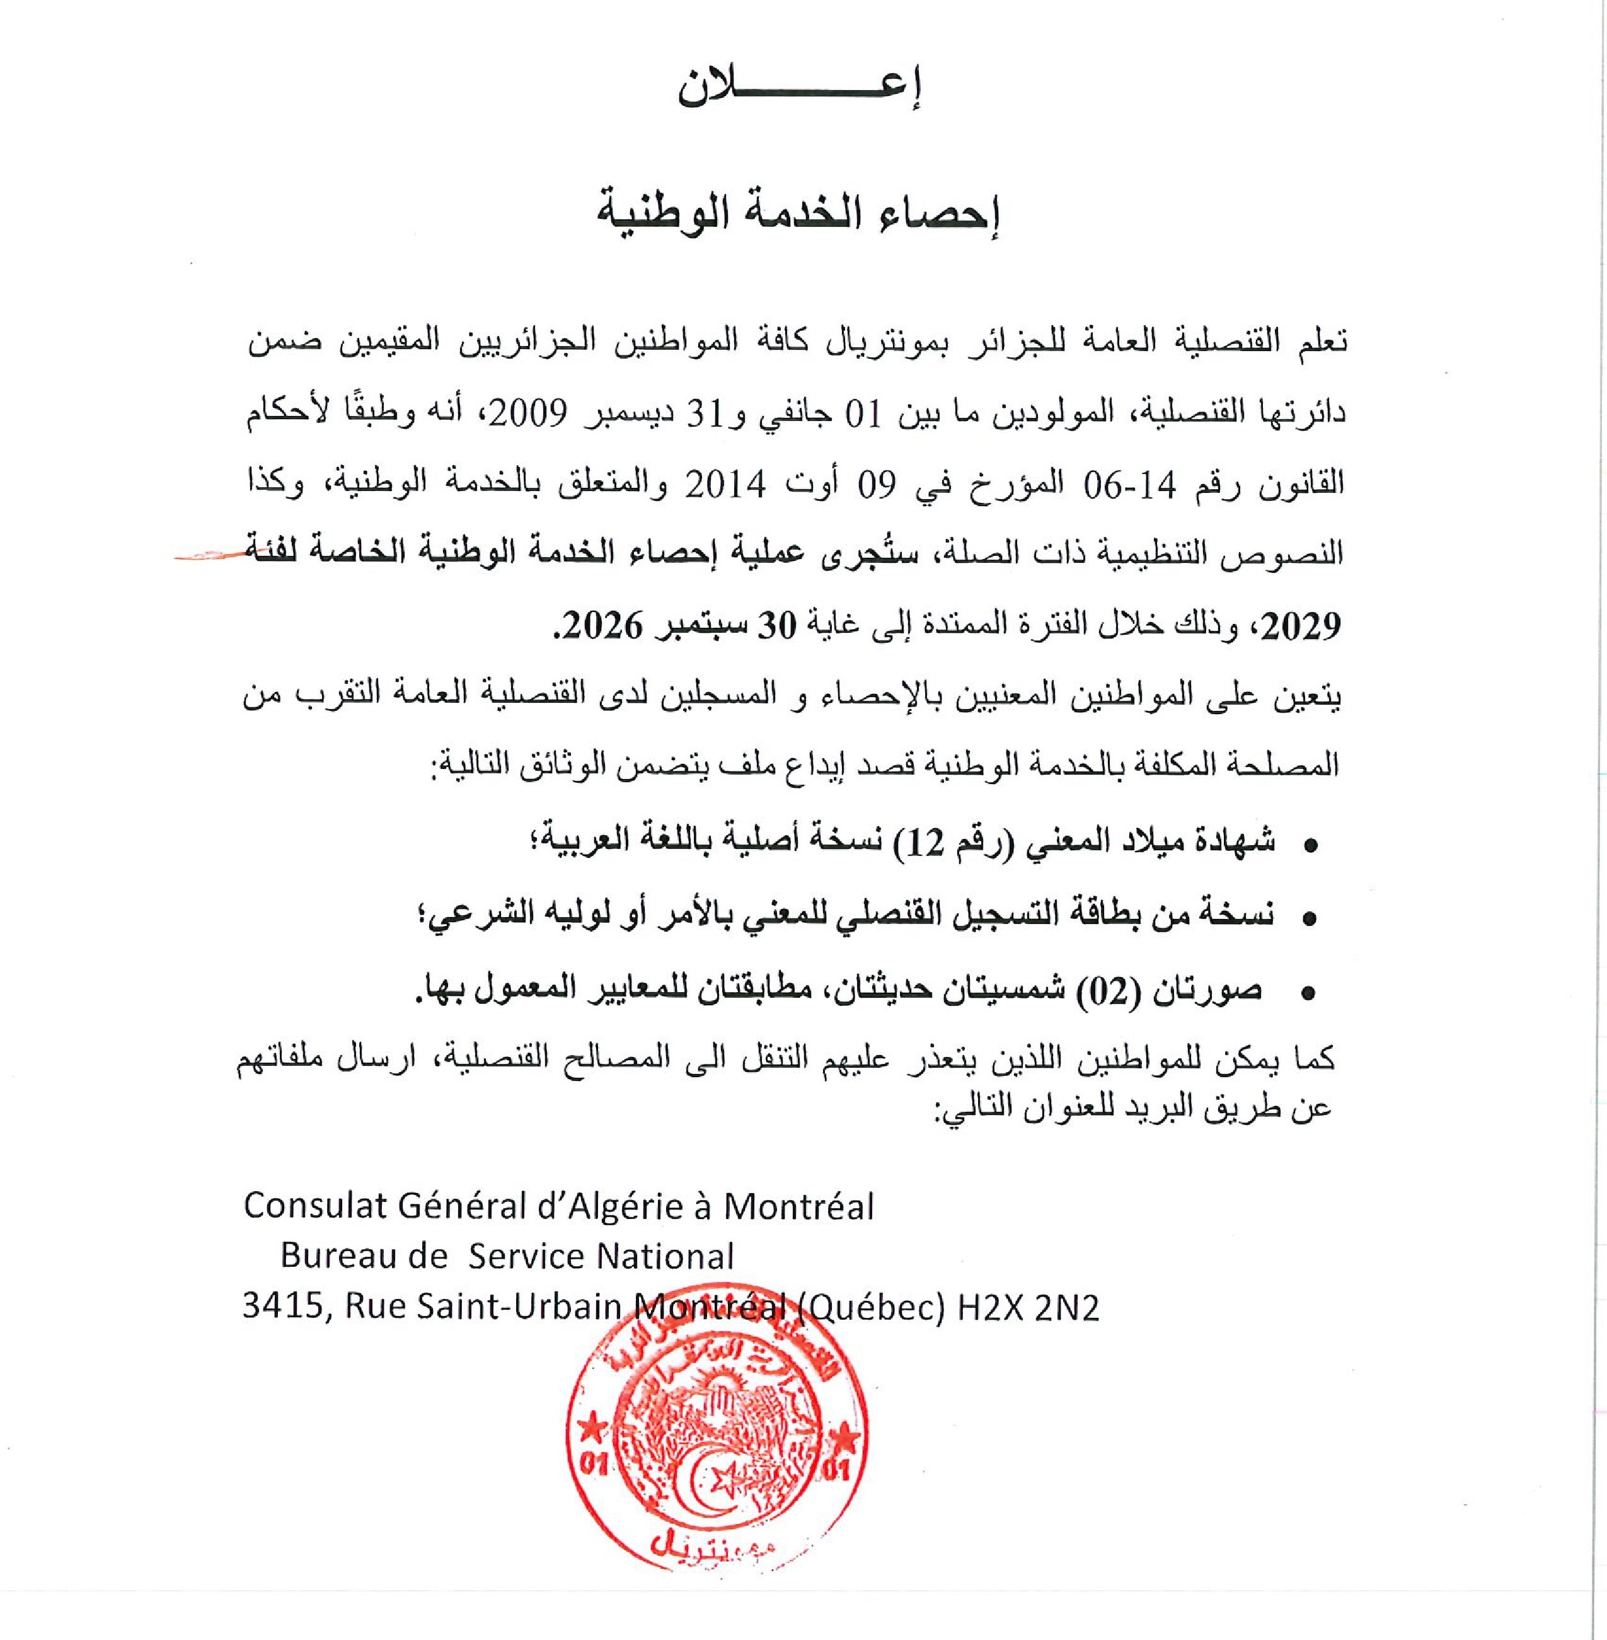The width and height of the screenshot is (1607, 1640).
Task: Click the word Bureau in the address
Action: [x=341, y=1257]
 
